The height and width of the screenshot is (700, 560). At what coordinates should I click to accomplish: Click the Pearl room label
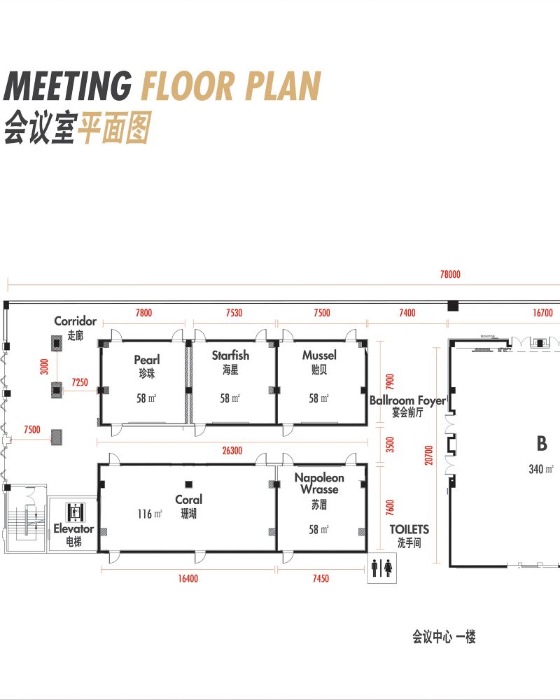(x=146, y=359)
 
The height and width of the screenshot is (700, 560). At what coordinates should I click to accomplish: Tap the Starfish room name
(x=230, y=356)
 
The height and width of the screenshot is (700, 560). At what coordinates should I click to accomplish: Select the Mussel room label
(x=319, y=356)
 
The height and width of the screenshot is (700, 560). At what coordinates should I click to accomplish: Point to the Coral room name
(x=188, y=499)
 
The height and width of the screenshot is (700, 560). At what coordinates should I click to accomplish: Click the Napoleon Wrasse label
(x=319, y=484)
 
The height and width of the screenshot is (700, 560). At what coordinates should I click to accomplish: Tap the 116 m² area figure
(x=150, y=514)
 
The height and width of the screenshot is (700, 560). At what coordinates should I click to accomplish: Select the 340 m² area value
(x=541, y=469)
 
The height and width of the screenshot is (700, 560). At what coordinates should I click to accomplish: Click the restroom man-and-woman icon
(x=381, y=568)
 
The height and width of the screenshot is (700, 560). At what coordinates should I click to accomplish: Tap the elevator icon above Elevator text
(x=75, y=512)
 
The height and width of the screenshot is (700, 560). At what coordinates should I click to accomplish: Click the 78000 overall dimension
(x=450, y=274)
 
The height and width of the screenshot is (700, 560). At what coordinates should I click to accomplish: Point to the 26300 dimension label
(x=232, y=450)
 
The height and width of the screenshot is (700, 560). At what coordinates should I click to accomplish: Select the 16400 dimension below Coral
(x=188, y=579)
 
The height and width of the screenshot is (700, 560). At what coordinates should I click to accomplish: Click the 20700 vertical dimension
(x=428, y=456)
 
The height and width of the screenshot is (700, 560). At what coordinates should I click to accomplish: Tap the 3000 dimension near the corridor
(x=44, y=367)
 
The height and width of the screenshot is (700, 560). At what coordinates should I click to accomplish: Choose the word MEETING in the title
(x=68, y=86)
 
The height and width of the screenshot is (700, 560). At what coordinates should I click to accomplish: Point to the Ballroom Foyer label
(x=407, y=401)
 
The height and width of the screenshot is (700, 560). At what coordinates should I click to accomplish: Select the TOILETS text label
(x=409, y=529)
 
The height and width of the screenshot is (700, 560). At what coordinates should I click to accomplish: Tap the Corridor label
(x=75, y=321)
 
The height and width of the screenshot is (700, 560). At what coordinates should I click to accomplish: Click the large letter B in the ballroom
(x=542, y=443)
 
